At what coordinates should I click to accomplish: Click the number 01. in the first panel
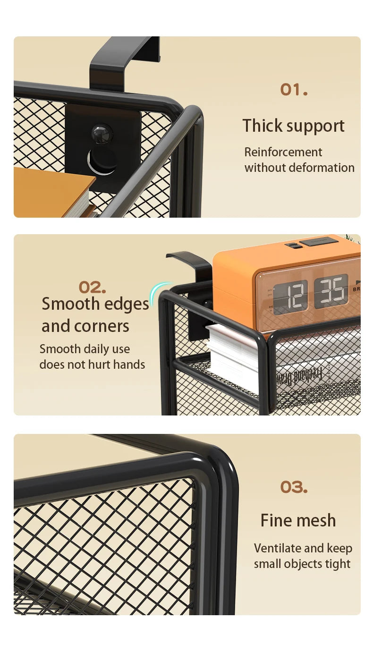[x=294, y=89]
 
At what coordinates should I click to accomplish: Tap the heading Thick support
[x=293, y=126]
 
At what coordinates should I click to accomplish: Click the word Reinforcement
[x=283, y=152]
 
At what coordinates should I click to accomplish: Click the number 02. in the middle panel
[x=92, y=287]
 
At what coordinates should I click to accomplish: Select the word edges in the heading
[x=126, y=305]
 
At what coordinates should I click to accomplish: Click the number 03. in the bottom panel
[x=294, y=487]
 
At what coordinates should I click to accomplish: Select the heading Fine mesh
[x=298, y=520]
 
